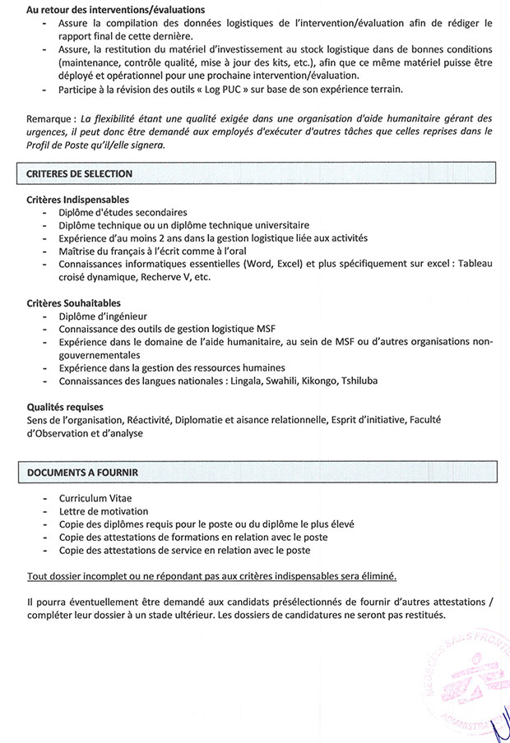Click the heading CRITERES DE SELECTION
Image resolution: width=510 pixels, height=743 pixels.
[79, 174]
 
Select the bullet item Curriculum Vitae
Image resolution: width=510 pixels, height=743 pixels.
[95, 499]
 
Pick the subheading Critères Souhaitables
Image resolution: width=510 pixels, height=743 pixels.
[73, 302]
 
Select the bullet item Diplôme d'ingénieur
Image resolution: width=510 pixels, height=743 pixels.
[103, 316]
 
